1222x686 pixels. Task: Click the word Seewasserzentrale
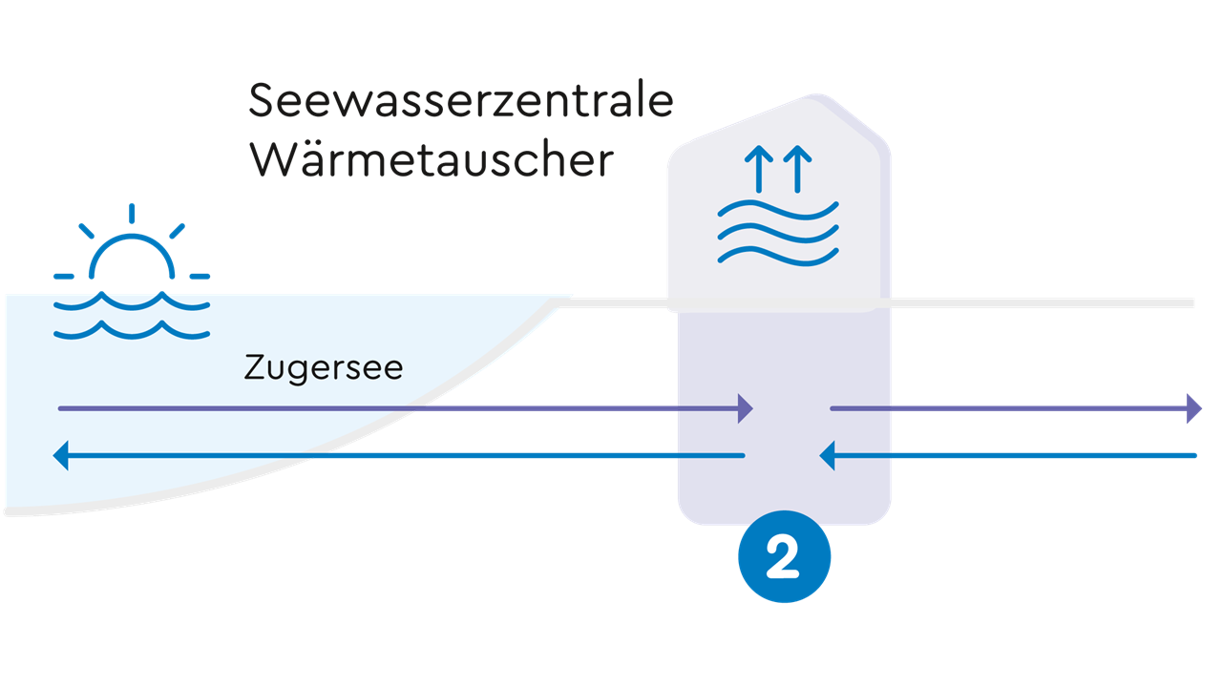pos(461,101)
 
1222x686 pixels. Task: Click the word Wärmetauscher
pos(431,159)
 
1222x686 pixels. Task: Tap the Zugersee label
pos(324,367)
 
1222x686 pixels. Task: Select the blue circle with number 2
pos(784,558)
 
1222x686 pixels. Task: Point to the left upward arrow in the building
pos(759,168)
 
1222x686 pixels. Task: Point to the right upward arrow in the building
pos(799,168)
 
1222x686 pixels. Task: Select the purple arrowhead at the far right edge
pos(1194,408)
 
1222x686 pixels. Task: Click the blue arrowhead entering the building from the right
pos(828,456)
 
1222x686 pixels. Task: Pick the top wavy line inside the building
pos(778,213)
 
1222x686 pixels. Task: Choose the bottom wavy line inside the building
pos(778,255)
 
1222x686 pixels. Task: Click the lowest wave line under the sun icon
pos(132,330)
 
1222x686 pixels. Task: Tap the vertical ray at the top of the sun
pos(132,212)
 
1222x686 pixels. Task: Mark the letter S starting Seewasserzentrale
pos(262,101)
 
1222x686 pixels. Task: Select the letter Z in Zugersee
pos(254,367)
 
